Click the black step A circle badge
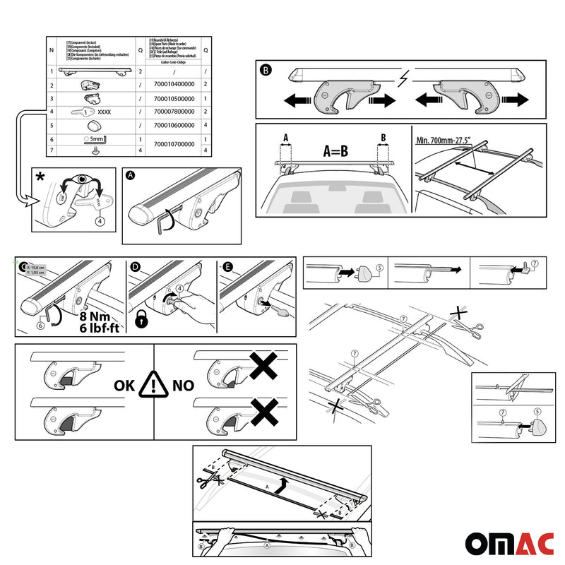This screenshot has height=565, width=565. [x=130, y=174]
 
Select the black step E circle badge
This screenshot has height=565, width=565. [x=227, y=266]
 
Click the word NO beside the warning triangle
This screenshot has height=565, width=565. [x=183, y=386]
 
